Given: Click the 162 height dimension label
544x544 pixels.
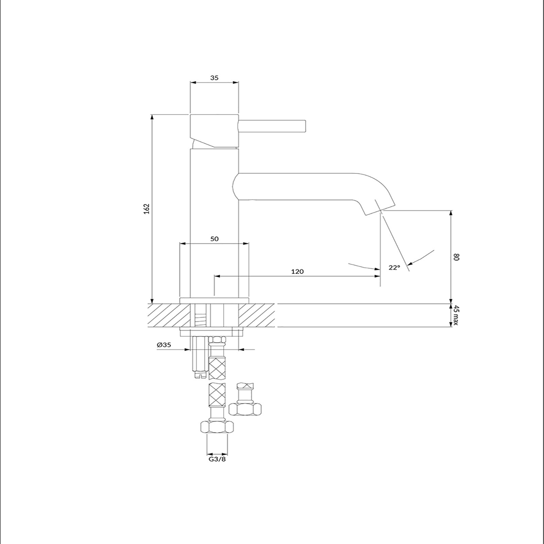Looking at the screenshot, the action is (147, 209).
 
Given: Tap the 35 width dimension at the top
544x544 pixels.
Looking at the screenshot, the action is (214, 78).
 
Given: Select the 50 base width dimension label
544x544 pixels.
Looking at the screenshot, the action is (215, 239).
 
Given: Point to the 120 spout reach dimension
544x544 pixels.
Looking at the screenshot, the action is (297, 271).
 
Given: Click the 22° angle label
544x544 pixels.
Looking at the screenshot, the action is (394, 268).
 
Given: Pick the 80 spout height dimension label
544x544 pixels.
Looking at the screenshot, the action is (456, 257).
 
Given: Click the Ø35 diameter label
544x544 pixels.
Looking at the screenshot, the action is (164, 345).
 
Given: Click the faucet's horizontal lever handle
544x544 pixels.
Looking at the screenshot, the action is (272, 126).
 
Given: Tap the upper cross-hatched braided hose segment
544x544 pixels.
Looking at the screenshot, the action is (217, 368).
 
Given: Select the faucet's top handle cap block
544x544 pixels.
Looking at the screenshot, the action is (214, 131).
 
